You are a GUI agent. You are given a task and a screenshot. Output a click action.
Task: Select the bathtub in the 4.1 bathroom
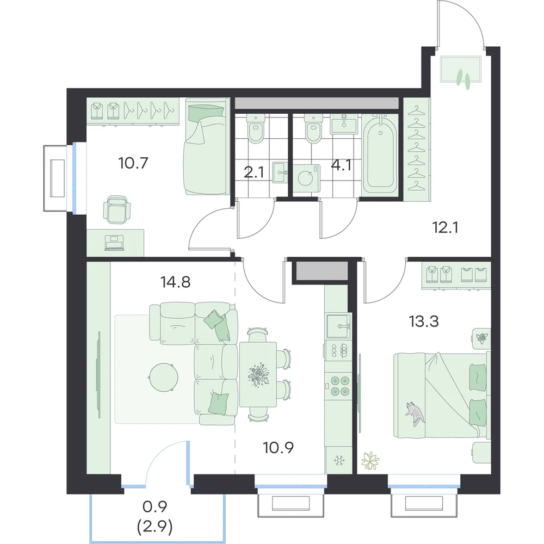tap(380, 154)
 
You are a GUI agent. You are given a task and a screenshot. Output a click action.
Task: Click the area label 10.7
tap(133, 163)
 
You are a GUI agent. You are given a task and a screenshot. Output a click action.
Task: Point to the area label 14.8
tap(175, 282)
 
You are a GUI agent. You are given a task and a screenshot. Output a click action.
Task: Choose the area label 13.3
tap(424, 322)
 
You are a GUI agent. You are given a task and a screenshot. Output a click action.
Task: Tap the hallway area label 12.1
tap(446, 227)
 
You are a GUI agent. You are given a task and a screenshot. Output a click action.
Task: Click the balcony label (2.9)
tap(154, 528)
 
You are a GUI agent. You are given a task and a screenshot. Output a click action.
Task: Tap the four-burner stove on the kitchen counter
tap(339, 386)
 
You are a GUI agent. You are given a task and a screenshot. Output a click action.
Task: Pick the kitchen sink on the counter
tap(338, 326)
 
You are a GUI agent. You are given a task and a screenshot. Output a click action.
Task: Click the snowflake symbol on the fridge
tap(338, 461)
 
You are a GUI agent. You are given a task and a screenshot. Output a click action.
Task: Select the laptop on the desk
tap(114, 243)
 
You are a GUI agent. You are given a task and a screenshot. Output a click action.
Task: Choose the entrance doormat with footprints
tap(460, 70)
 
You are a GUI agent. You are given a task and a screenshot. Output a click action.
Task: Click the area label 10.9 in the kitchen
tap(278, 448)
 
